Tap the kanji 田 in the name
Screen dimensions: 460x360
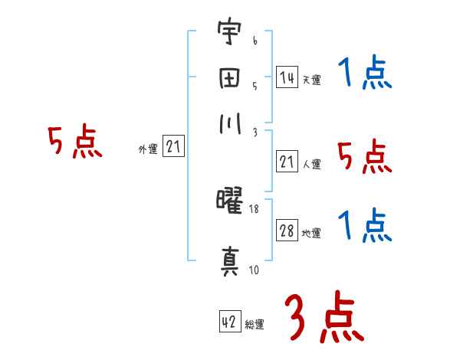tap(228, 80)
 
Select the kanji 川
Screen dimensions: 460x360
tap(228, 125)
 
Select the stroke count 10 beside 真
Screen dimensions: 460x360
tap(253, 270)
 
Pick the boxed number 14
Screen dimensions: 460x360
tap(287, 77)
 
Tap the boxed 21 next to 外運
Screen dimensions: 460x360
tap(174, 148)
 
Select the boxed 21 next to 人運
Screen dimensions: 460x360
tap(287, 162)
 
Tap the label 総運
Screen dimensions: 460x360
tap(255, 324)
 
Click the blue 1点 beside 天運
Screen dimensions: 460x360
tap(363, 75)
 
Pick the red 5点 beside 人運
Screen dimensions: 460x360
tap(363, 158)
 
